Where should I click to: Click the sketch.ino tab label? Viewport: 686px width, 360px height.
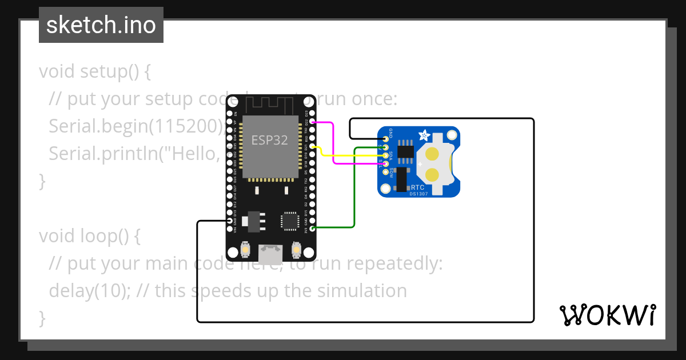coord(101,25)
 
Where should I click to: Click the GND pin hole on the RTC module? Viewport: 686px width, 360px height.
coord(385,138)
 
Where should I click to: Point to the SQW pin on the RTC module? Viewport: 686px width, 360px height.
coord(385,173)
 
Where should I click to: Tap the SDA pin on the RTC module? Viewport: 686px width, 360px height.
coord(385,155)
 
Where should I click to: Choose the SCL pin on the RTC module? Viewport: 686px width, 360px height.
coord(385,164)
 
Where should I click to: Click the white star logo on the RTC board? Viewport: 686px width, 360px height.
coord(425,135)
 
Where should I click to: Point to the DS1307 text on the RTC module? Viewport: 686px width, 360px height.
coord(418,194)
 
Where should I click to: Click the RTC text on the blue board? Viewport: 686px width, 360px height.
coord(418,187)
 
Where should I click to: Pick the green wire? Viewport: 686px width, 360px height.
coord(354,189)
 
